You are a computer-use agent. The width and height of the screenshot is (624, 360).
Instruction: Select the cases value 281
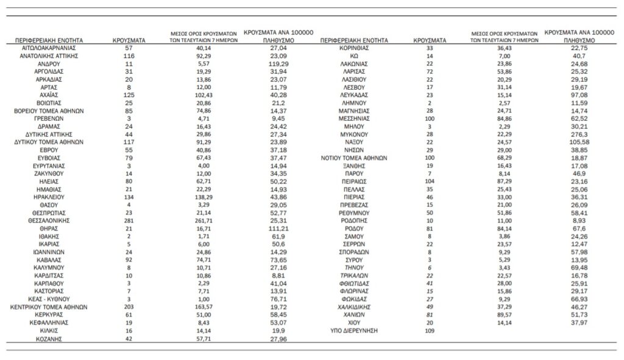pos(129,220)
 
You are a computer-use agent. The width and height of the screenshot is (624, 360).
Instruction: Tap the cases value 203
pos(129,307)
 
